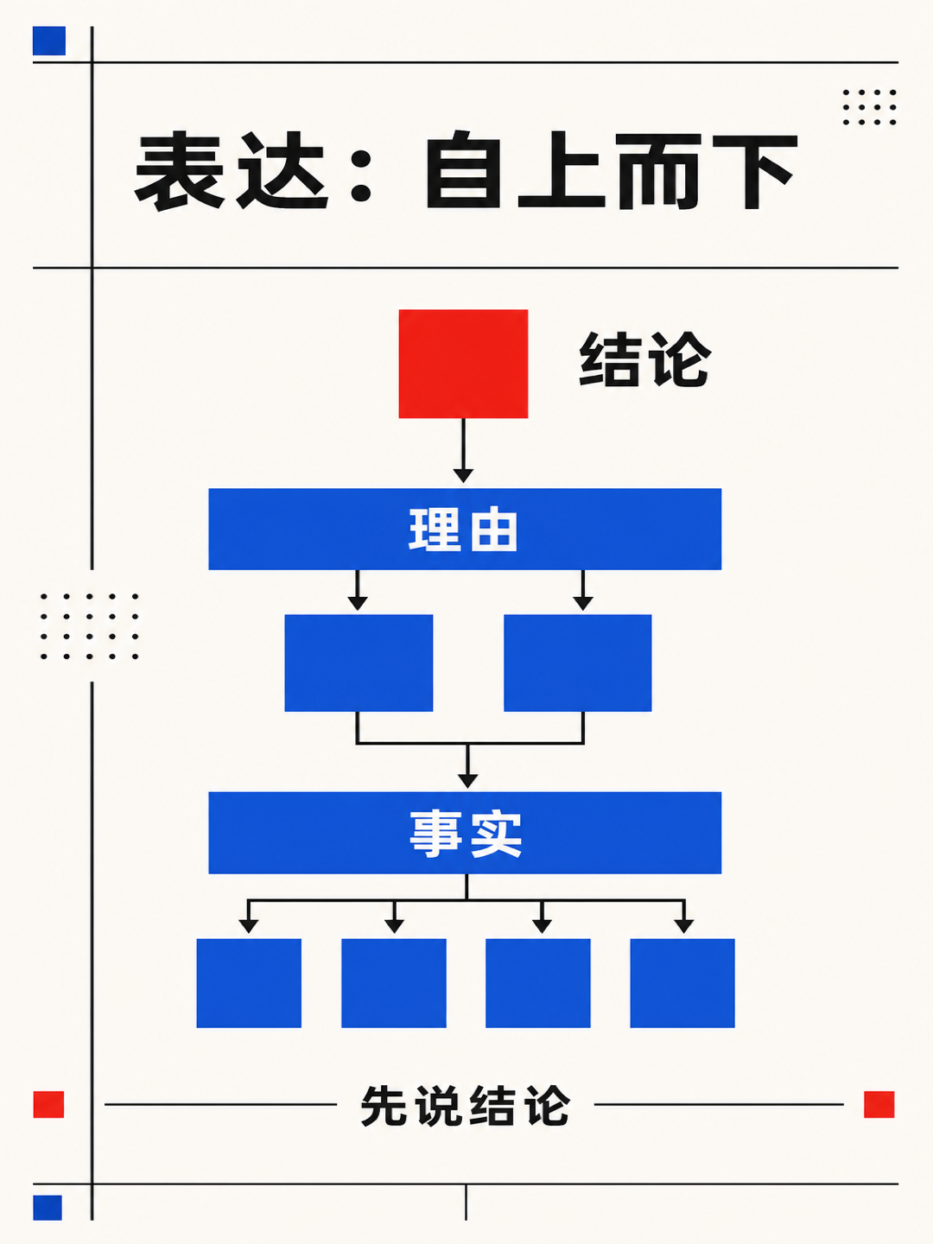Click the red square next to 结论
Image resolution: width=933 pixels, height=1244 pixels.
point(463,364)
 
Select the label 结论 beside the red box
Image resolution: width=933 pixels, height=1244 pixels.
point(644,360)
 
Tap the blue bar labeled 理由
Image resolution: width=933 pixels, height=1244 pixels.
point(465,529)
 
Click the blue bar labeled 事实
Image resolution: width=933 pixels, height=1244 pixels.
point(465,833)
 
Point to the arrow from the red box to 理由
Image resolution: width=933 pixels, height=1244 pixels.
point(463,451)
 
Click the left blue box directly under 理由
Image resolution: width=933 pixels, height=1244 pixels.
point(359,663)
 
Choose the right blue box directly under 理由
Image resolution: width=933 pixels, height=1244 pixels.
point(578,663)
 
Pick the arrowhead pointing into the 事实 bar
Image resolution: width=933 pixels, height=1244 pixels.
point(467,780)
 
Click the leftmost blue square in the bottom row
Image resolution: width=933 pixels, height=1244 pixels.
point(249,983)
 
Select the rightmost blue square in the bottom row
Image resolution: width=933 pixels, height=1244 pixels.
point(682,983)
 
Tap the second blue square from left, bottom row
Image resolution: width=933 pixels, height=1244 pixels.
point(394,983)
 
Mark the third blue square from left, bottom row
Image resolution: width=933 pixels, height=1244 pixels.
point(538,983)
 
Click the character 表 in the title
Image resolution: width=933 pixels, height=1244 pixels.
point(180,170)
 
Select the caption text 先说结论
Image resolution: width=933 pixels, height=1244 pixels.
point(465,1106)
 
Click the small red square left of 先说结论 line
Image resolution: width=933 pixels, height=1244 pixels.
point(48,1105)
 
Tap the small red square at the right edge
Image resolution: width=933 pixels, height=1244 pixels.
point(879,1105)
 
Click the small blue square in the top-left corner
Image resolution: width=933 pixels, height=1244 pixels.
point(49,41)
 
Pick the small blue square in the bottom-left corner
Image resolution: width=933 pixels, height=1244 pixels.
point(48,1208)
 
